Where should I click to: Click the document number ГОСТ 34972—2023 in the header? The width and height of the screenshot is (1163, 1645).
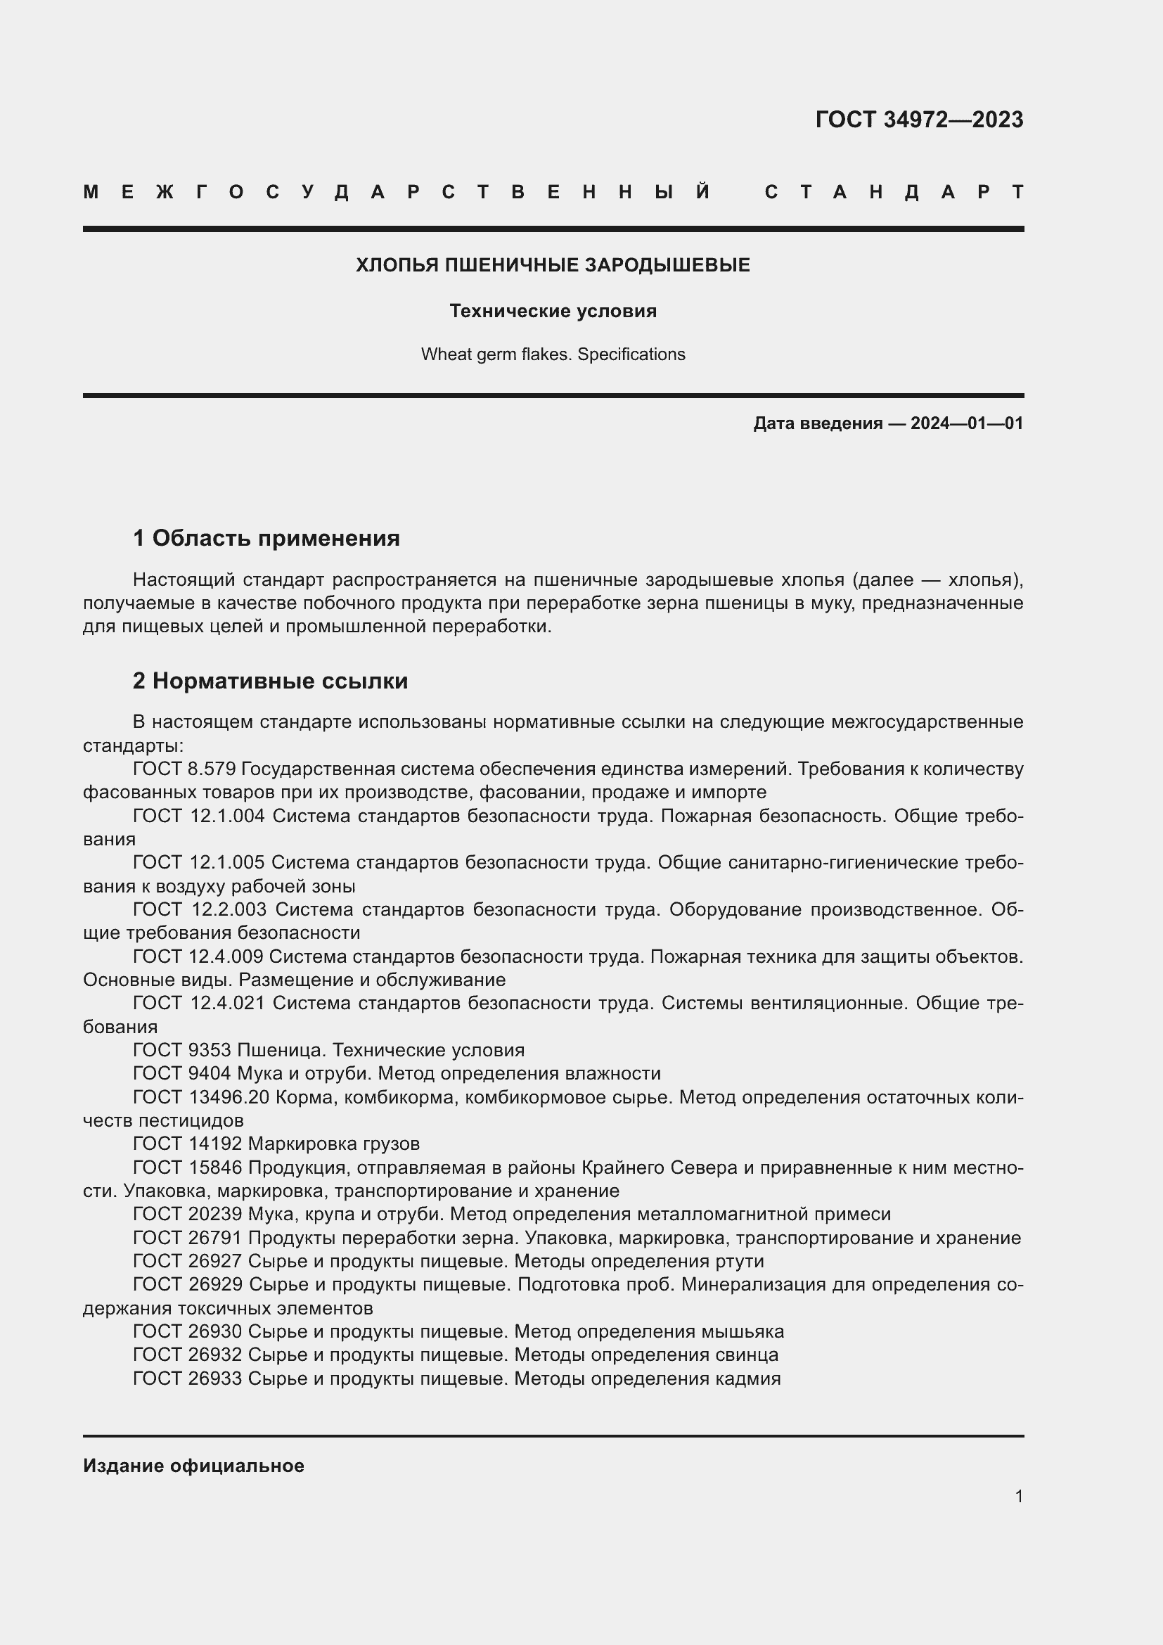(x=919, y=120)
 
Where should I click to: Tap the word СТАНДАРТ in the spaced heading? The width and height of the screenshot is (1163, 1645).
(x=894, y=192)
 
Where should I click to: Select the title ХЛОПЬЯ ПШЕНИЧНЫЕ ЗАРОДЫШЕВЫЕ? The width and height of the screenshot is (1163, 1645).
(x=553, y=265)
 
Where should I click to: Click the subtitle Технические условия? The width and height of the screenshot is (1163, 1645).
(x=553, y=311)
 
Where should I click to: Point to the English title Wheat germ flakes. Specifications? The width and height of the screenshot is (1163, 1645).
(x=553, y=354)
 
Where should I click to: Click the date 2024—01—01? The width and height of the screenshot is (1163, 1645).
(x=967, y=423)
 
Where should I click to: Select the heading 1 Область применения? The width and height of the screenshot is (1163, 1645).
(x=266, y=538)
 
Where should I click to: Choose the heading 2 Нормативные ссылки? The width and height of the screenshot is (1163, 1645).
(x=270, y=681)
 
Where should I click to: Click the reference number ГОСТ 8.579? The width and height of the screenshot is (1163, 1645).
(x=184, y=769)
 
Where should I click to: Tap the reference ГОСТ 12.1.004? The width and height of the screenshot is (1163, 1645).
(x=198, y=816)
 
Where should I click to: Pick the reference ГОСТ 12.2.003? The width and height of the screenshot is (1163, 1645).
(x=199, y=909)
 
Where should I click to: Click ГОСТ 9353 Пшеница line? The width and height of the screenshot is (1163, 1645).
(x=328, y=1050)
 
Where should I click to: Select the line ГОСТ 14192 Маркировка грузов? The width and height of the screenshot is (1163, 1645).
(x=276, y=1144)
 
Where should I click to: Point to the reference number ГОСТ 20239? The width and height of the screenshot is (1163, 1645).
(x=188, y=1214)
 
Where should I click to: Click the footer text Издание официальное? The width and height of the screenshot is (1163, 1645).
(x=193, y=1466)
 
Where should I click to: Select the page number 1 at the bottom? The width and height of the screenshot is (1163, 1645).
(x=1018, y=1496)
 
